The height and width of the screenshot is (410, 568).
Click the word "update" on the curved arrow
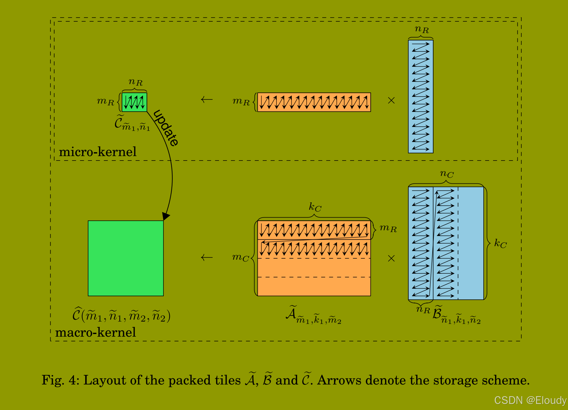[x=166, y=128]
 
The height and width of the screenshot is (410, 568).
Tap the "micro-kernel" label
[x=98, y=152]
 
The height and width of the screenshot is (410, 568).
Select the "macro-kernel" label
[x=96, y=332]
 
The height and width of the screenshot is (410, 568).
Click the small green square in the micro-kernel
[x=134, y=102]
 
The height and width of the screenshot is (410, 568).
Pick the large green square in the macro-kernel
[x=126, y=258]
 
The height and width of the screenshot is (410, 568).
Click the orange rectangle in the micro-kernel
[x=314, y=102]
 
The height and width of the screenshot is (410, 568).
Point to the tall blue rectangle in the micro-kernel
[x=421, y=97]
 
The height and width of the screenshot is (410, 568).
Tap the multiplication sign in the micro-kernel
[x=391, y=100]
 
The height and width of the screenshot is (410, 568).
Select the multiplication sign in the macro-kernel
[x=391, y=258]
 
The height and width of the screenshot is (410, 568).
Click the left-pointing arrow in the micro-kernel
[x=207, y=99]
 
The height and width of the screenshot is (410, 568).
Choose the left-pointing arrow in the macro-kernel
[x=207, y=258]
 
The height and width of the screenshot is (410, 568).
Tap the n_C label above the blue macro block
[x=447, y=174]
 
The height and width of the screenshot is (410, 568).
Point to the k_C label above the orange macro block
[x=315, y=207]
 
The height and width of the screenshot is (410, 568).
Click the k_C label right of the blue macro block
[x=500, y=244]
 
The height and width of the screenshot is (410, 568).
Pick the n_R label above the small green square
[x=135, y=82]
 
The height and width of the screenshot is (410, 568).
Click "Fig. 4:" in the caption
[x=60, y=380]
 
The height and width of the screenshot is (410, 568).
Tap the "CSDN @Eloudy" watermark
[x=530, y=400]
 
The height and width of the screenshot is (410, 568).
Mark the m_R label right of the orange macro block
[x=388, y=228]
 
